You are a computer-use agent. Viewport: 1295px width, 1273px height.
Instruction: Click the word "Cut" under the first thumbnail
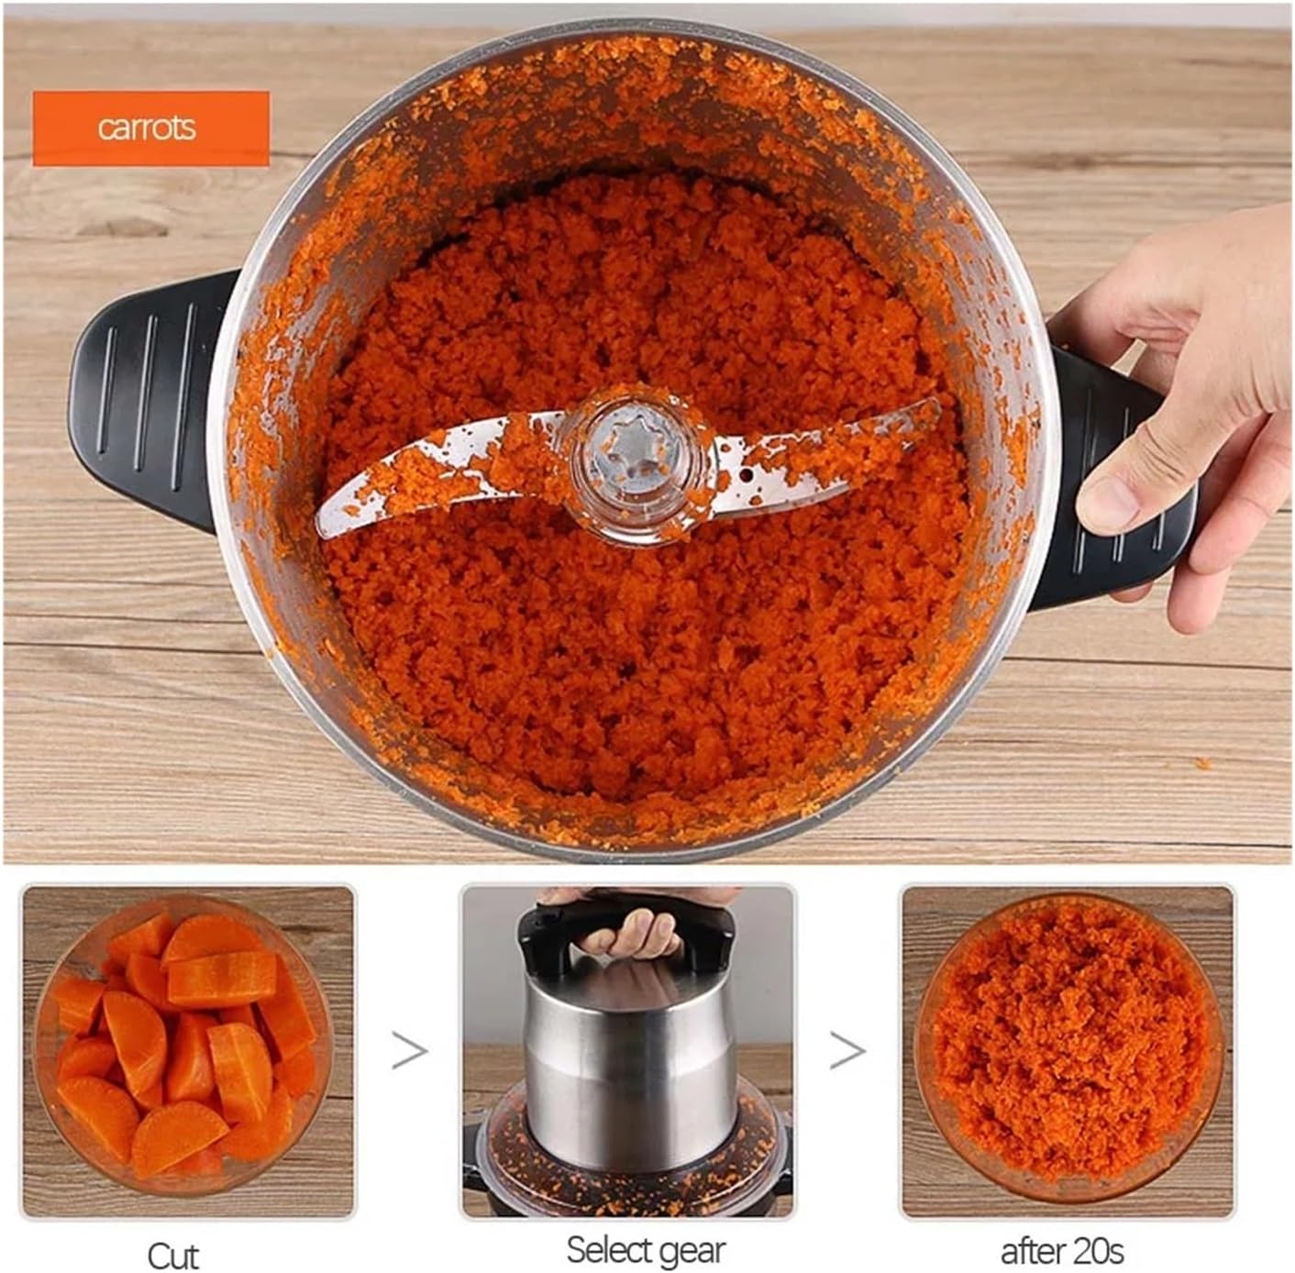172,1254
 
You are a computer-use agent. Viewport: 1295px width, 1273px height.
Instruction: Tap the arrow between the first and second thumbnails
409,1051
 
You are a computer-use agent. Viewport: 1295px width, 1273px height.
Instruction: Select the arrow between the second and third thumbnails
847,1051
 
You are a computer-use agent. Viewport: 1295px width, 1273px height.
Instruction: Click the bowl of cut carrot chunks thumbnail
187,1050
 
